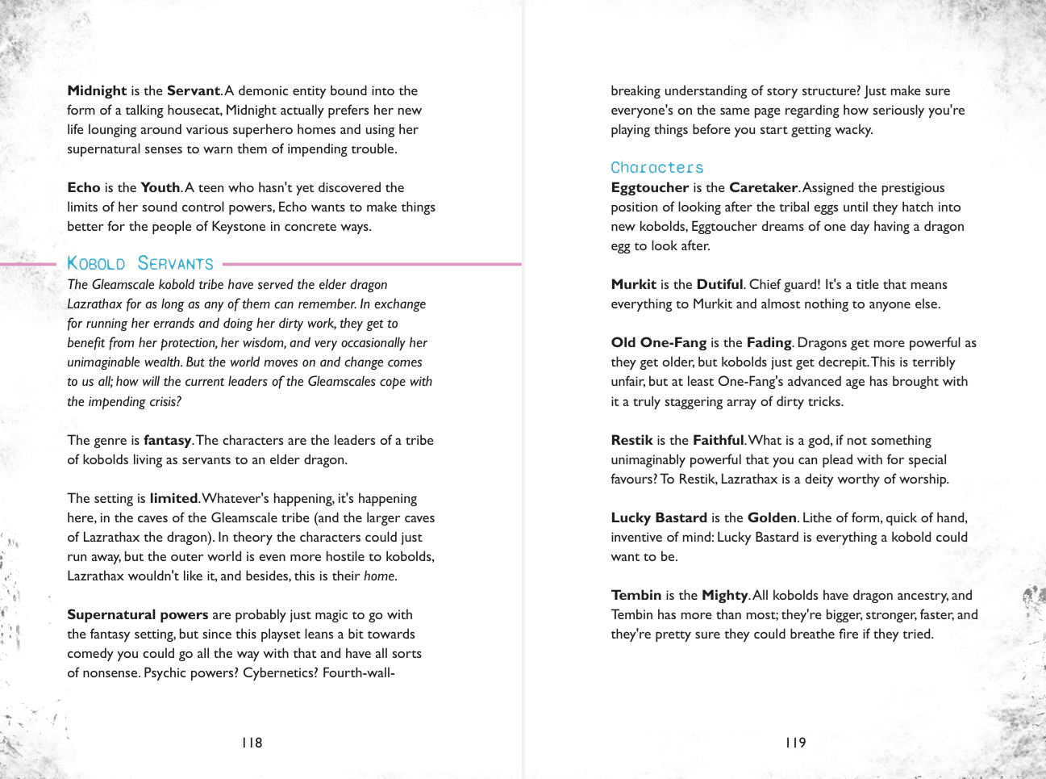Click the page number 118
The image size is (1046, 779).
(252, 743)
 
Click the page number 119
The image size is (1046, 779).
(796, 743)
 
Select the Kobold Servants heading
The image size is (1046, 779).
(140, 264)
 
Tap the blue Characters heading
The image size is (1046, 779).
(657, 168)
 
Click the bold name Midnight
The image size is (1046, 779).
(97, 90)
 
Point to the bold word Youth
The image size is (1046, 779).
(160, 187)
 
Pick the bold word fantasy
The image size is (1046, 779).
(167, 440)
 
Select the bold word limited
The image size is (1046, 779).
(173, 498)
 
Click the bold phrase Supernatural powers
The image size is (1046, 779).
(137, 614)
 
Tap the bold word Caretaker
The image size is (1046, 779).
(763, 187)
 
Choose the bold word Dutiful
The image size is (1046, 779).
(719, 284)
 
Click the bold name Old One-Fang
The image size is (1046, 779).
(658, 342)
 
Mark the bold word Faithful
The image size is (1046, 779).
(718, 440)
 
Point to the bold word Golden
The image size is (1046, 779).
(772, 517)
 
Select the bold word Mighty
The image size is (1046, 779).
(725, 595)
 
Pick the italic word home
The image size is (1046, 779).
(380, 576)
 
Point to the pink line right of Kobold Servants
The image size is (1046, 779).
(371, 264)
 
